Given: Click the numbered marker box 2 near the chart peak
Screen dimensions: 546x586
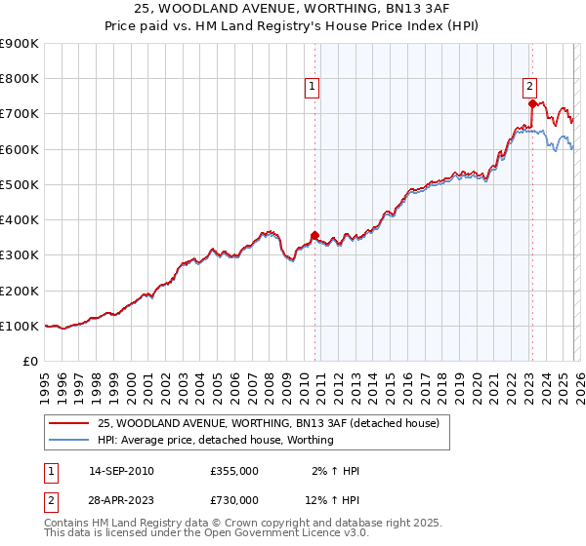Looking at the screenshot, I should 528,85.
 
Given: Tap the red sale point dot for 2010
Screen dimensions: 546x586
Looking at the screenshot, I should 314,235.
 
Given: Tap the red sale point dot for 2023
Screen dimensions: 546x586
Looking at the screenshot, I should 531,102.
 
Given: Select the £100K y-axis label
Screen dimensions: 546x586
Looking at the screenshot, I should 20,326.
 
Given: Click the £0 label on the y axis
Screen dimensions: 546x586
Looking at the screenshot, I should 30,361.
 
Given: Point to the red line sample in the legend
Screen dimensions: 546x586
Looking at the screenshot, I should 68,423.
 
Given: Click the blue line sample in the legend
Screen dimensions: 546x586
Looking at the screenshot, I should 68,440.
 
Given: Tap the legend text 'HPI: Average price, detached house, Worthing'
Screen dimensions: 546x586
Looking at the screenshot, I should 216,440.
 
